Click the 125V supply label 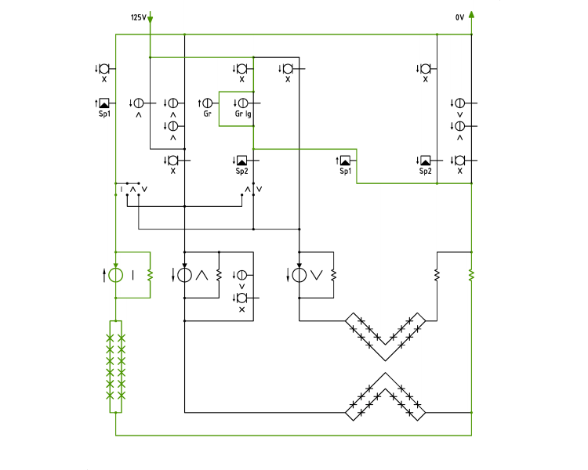coord(138,17)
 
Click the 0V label coord(459,17)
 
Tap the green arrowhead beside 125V coord(150,20)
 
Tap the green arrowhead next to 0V coord(471,14)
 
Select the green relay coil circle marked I coord(115,275)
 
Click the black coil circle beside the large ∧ coord(184,275)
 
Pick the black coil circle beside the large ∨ coord(299,275)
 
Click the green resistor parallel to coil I coord(150,276)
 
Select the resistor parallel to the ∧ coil coord(219,276)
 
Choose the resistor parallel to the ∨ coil coord(334,276)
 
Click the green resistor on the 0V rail coord(471,276)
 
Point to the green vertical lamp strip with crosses coord(115,367)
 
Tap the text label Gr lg coord(243,114)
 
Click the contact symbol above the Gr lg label coord(242,103)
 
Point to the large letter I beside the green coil coord(132,276)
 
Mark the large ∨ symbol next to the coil coord(317,276)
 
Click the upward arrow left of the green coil coord(103,276)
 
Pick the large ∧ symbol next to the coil coord(201,276)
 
